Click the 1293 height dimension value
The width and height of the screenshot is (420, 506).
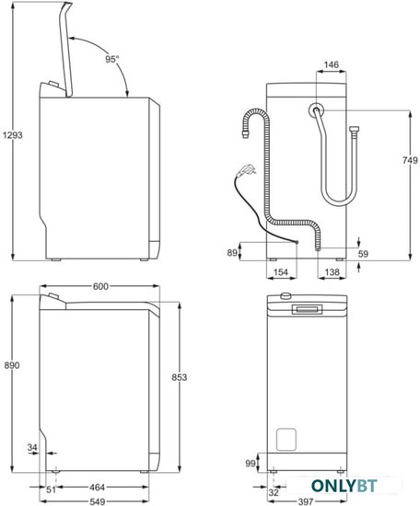pyautogui.click(x=13, y=135)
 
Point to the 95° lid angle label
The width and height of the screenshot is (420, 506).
pyautogui.click(x=112, y=59)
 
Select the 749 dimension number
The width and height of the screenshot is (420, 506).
pyautogui.click(x=410, y=160)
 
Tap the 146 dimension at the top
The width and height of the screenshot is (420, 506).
pyautogui.click(x=332, y=65)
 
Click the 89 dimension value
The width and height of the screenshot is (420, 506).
pyautogui.click(x=232, y=253)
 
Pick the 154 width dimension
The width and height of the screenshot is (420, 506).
pyautogui.click(x=280, y=272)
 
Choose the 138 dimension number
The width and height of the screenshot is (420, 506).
pyautogui.click(x=332, y=272)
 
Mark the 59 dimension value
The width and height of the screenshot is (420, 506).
pyautogui.click(x=363, y=254)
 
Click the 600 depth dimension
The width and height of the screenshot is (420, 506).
pyautogui.click(x=100, y=286)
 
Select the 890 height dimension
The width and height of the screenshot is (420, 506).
pyautogui.click(x=12, y=365)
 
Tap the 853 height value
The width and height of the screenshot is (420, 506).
pyautogui.click(x=179, y=377)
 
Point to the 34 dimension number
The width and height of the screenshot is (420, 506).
pyautogui.click(x=32, y=447)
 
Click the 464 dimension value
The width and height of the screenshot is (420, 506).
pyautogui.click(x=97, y=488)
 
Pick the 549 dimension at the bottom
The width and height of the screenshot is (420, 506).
pyautogui.click(x=97, y=501)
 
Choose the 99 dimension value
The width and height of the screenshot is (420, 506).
pyautogui.click(x=251, y=464)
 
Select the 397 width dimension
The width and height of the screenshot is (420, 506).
pyautogui.click(x=305, y=501)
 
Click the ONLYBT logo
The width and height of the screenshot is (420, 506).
pyautogui.click(x=344, y=486)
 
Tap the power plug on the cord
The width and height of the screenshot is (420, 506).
pyautogui.click(x=247, y=170)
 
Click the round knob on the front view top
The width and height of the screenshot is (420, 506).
pyautogui.click(x=286, y=296)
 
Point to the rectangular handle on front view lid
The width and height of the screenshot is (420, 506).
pyautogui.click(x=307, y=309)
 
